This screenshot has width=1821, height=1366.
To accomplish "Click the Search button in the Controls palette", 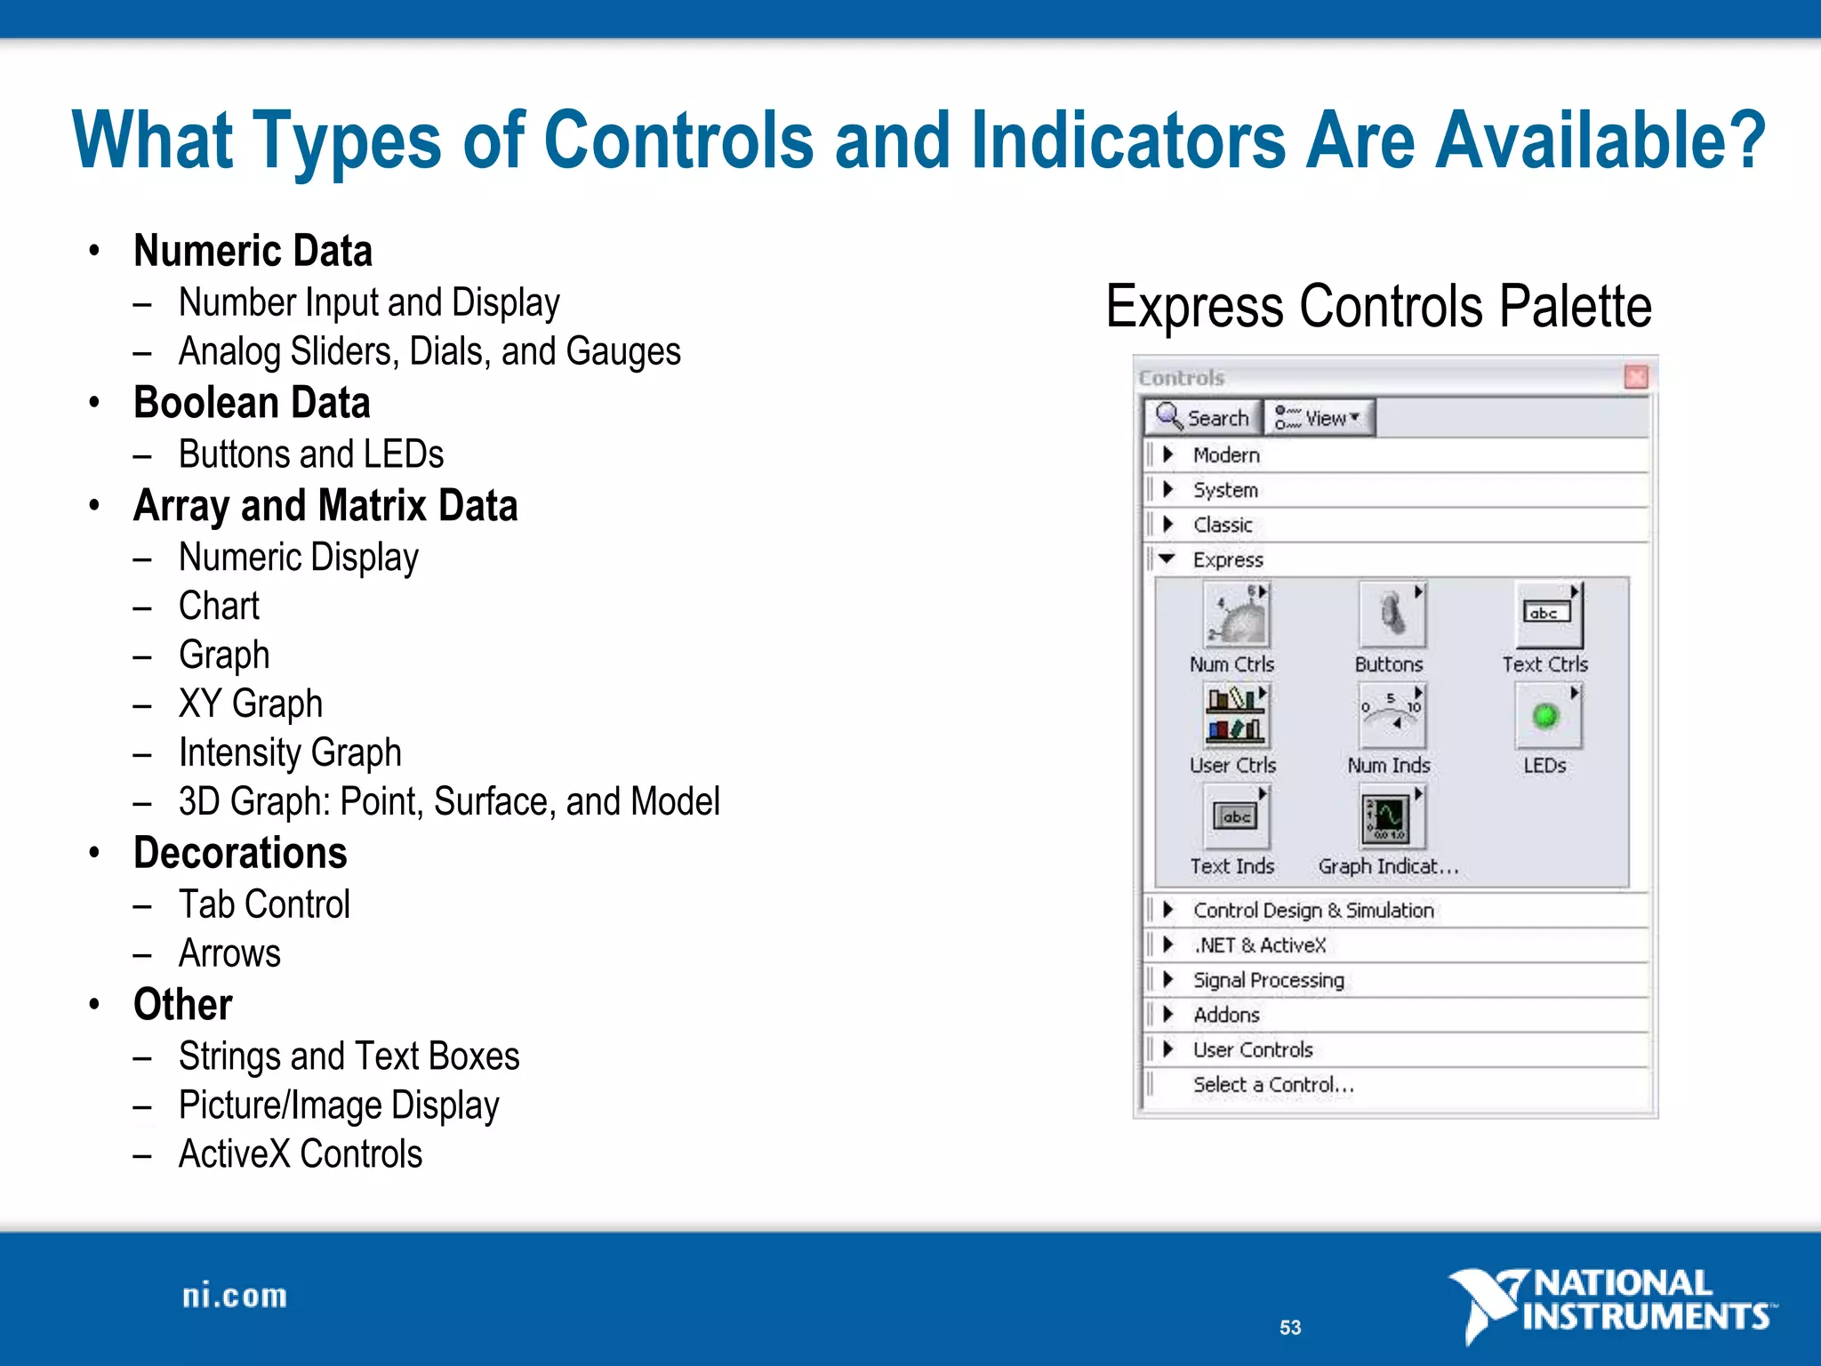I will [x=1203, y=417].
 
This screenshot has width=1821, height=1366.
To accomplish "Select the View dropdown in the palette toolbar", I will [x=1319, y=417].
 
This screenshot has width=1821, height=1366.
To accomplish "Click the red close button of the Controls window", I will [x=1636, y=377].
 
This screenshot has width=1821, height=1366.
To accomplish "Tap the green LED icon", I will [x=1546, y=716].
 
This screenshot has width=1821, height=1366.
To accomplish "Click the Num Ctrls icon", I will [x=1235, y=615].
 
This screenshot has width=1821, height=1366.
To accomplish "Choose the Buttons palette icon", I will [x=1392, y=615].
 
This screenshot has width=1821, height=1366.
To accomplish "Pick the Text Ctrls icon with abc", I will [x=1548, y=615].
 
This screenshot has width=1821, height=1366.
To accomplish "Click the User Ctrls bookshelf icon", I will [x=1235, y=716].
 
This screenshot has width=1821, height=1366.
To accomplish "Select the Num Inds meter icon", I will [x=1392, y=716].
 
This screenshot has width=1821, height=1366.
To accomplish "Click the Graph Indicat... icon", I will [x=1390, y=817].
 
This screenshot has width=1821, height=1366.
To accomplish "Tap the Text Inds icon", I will [x=1235, y=817].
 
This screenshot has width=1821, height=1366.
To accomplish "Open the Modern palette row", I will [x=1226, y=455].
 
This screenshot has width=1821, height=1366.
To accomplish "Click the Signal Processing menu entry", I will [x=1268, y=980].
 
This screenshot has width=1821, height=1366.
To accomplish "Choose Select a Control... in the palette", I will [x=1272, y=1085].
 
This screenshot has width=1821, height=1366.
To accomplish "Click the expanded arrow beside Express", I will [x=1167, y=559].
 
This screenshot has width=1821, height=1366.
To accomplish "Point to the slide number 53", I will [x=1290, y=1328].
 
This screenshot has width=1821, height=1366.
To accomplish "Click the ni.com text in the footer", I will [x=235, y=1296].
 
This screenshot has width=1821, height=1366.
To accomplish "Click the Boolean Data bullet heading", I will [x=252, y=403].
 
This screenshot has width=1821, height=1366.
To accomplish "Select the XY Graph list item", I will [x=251, y=703].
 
